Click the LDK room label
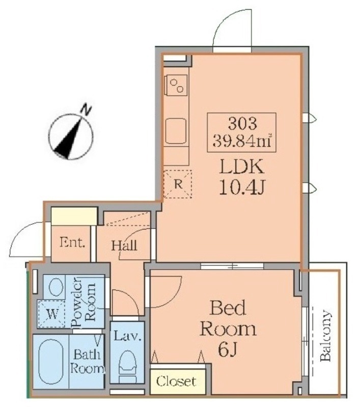click(x=241, y=167)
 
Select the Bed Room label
click(x=228, y=318)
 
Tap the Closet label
click(x=176, y=381)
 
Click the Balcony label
click(x=326, y=335)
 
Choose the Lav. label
click(x=127, y=336)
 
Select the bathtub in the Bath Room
click(x=50, y=361)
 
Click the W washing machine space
click(x=52, y=314)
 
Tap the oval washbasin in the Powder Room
click(x=56, y=287)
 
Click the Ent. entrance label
click(x=72, y=243)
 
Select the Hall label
click(x=124, y=245)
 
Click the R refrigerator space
click(x=178, y=184)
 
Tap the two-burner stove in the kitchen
click(x=177, y=85)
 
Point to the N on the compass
click(x=86, y=110)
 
